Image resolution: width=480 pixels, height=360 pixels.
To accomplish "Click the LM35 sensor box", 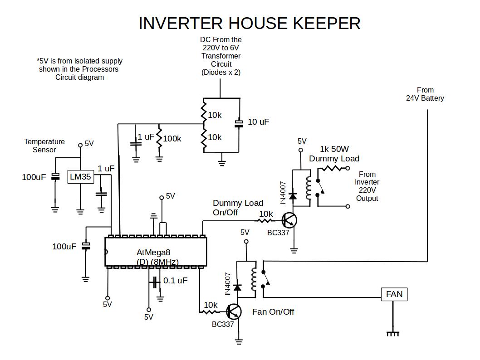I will point(80,177).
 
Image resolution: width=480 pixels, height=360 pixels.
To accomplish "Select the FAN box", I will point(394,294).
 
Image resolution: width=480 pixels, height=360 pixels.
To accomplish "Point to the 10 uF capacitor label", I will point(258,122).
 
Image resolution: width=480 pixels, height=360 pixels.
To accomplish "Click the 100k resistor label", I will point(172,139).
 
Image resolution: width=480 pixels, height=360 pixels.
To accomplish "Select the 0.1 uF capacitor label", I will point(175,281).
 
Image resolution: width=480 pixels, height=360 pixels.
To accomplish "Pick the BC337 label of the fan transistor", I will point(223,325).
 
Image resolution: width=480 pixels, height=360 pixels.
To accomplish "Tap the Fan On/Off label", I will point(273,312).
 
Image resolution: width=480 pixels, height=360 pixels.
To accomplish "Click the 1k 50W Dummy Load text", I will point(334,154).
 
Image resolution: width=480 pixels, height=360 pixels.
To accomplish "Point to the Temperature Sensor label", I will point(44,146).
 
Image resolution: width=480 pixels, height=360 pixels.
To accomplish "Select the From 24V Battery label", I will point(425,94).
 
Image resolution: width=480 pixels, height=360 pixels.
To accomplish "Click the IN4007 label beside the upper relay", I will point(283,192).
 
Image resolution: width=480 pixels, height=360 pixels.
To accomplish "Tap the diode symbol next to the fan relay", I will point(237,287).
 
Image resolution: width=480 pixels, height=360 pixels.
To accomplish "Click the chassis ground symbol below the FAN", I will point(393,334).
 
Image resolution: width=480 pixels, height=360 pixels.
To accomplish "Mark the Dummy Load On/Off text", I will point(238,208).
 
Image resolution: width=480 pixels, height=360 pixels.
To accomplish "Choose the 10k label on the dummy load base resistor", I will point(266,214).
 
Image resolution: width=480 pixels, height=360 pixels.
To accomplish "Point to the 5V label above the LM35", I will point(89,144).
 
